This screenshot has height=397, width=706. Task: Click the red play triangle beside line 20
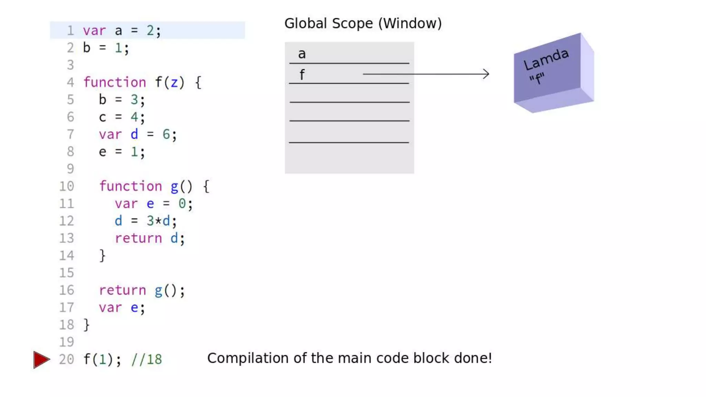pyautogui.click(x=41, y=359)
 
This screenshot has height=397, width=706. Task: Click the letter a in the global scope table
pyautogui.click(x=302, y=54)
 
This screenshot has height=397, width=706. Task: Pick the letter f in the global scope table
pyautogui.click(x=302, y=74)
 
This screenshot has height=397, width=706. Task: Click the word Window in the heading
pyautogui.click(x=410, y=23)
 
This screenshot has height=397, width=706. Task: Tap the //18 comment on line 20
pyautogui.click(x=147, y=359)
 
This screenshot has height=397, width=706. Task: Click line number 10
pyautogui.click(x=67, y=186)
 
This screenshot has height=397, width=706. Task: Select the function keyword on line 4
pyautogui.click(x=115, y=82)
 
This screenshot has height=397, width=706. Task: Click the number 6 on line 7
pyautogui.click(x=166, y=134)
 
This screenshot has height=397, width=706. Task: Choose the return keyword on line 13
pyautogui.click(x=138, y=238)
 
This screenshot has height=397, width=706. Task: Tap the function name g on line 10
pyautogui.click(x=174, y=186)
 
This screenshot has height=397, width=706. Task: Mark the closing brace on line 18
pyautogui.click(x=87, y=325)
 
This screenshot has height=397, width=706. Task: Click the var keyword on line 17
pyautogui.click(x=110, y=307)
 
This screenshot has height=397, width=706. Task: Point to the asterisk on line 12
pyautogui.click(x=158, y=221)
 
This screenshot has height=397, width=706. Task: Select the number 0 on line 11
pyautogui.click(x=182, y=203)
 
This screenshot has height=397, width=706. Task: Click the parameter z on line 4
pyautogui.click(x=174, y=82)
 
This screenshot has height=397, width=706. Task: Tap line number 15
pyautogui.click(x=67, y=273)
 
